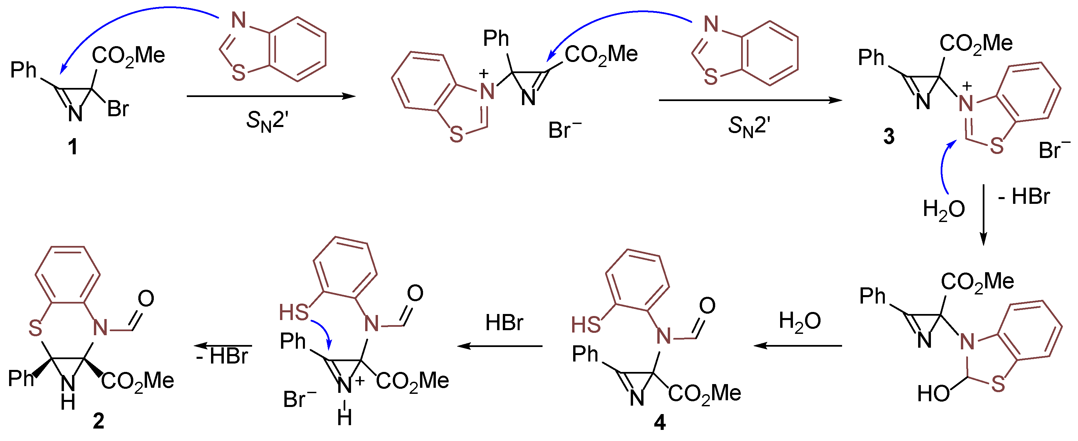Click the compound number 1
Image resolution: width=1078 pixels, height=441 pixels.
(x=73, y=147)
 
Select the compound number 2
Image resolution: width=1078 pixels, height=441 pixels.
(x=98, y=421)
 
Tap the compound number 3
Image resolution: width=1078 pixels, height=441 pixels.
(x=889, y=136)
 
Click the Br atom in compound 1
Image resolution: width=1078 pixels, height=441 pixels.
(x=118, y=109)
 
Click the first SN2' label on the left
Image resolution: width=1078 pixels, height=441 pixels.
(x=267, y=122)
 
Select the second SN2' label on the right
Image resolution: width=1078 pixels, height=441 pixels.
(x=749, y=126)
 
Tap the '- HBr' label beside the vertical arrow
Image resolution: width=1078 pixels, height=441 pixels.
(x=1024, y=196)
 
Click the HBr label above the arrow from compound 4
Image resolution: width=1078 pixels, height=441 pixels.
(x=504, y=323)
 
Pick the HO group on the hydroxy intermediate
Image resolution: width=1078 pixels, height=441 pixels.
(x=933, y=394)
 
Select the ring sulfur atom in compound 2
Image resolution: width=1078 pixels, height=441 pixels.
(x=36, y=328)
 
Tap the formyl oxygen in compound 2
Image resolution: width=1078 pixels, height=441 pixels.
(x=146, y=298)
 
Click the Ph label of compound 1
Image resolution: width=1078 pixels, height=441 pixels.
(x=24, y=70)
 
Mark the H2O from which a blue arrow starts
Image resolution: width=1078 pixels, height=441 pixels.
(x=944, y=209)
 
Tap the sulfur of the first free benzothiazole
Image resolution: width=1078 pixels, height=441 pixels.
(x=239, y=73)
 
